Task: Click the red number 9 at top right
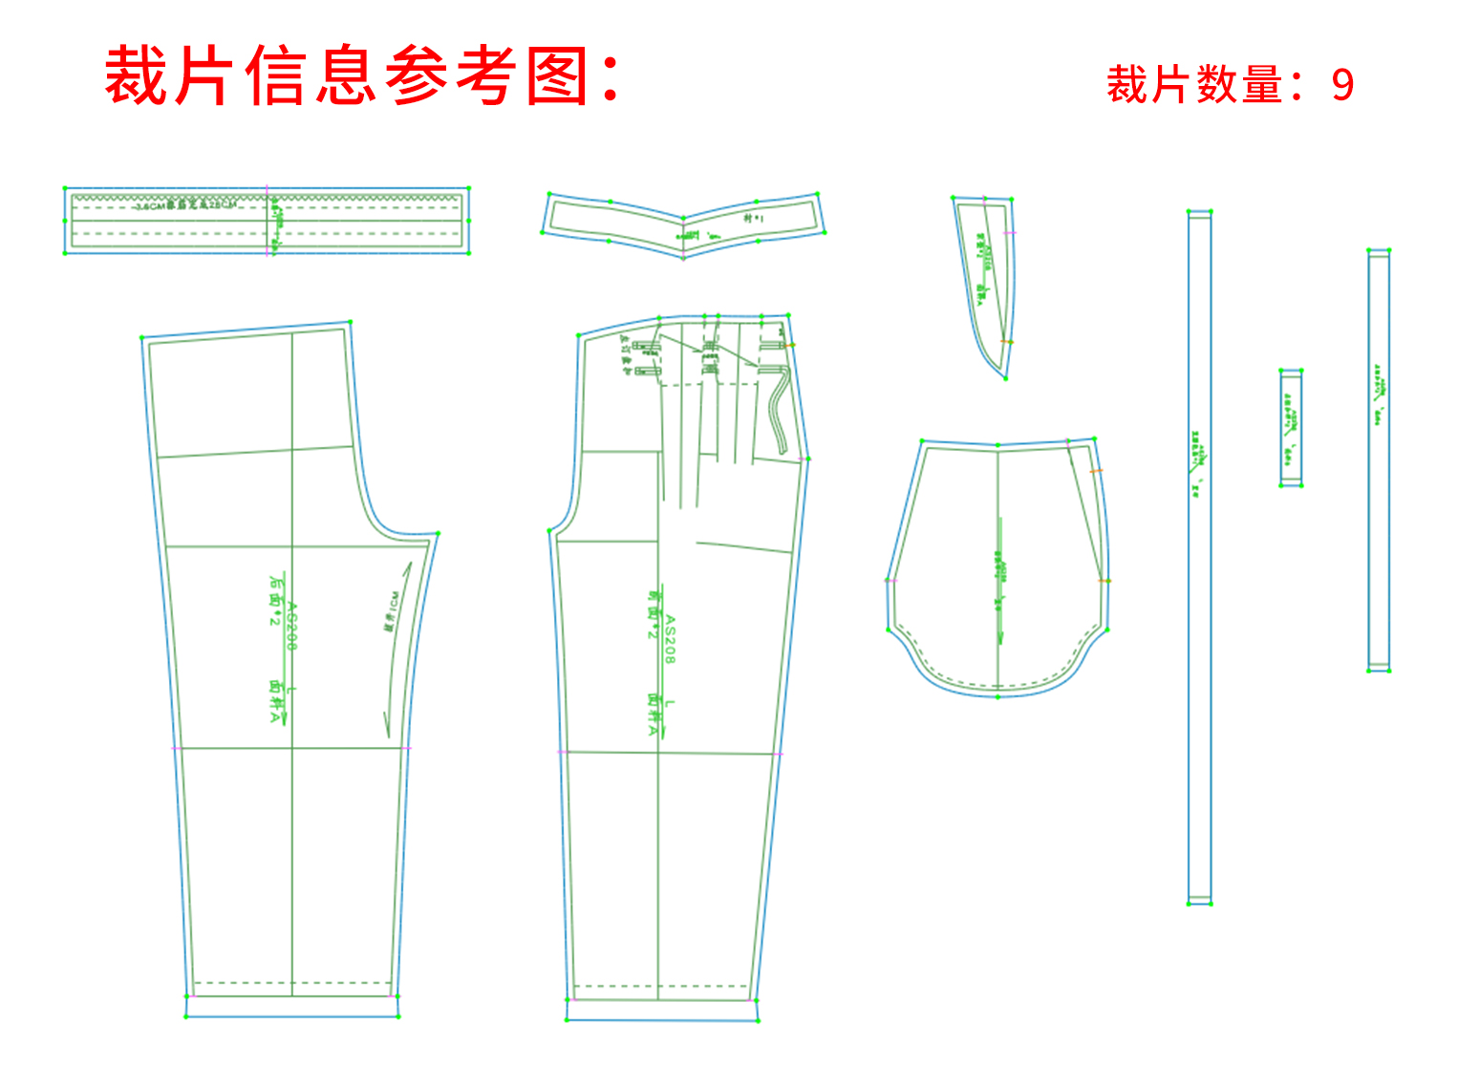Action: [x=1342, y=86]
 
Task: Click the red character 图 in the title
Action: [x=557, y=76]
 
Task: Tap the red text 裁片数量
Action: [x=1194, y=86]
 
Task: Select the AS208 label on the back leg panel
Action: [x=292, y=626]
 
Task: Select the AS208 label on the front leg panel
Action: [x=670, y=639]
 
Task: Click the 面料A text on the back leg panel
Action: [x=276, y=702]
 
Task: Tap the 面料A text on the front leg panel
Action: [x=654, y=714]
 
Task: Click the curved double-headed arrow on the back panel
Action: [x=397, y=650]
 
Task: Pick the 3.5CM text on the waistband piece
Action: [x=150, y=206]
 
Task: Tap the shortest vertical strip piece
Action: [x=1291, y=428]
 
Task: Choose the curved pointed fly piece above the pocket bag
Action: [x=989, y=277]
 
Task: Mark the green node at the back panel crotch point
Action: [x=438, y=534]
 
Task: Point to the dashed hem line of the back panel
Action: [x=292, y=982]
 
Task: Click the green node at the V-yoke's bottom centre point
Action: [x=683, y=257]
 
